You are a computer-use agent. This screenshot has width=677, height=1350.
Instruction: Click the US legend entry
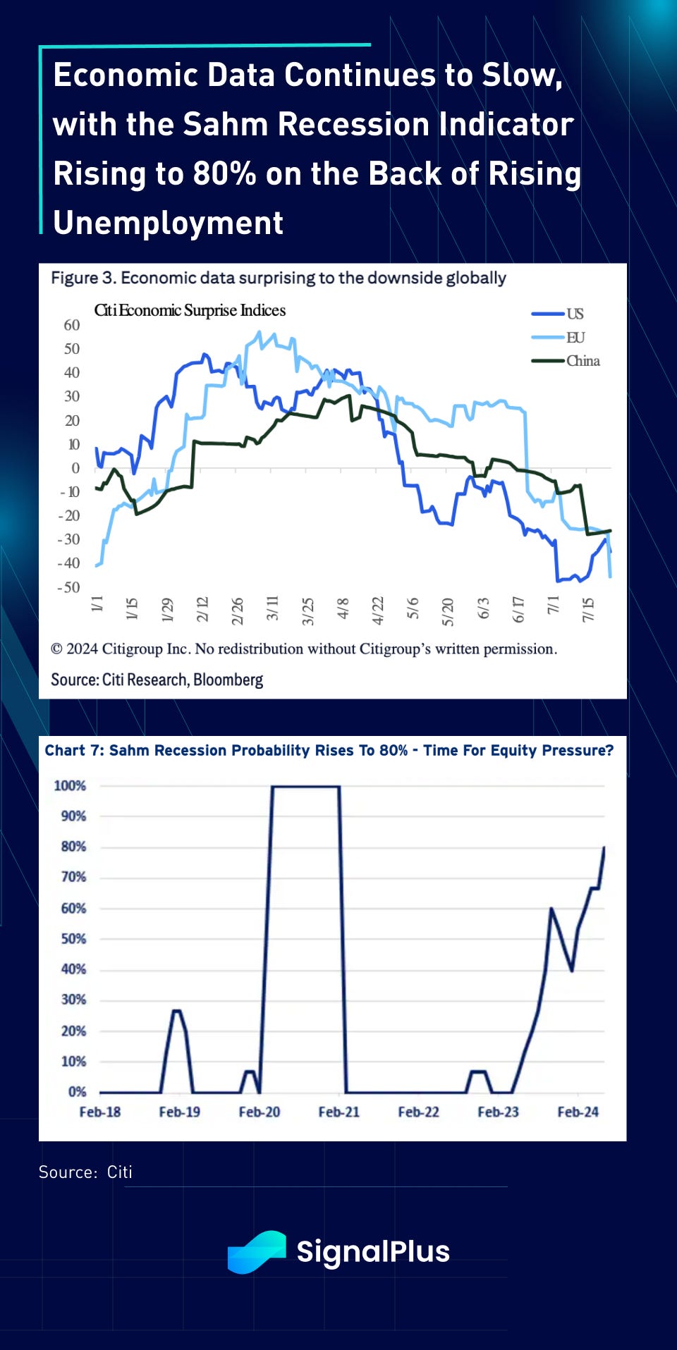pos(574,314)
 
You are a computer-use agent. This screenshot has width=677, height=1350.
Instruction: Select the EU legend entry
pos(575,338)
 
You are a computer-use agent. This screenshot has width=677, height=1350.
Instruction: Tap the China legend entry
pos(583,361)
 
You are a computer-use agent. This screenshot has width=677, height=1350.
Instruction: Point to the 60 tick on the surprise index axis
pos(72,325)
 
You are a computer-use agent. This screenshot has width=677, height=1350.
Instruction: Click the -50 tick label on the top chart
pos(69,587)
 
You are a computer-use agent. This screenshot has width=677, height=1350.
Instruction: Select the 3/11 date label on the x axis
pos(272,608)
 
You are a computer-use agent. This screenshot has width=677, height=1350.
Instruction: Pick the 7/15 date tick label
pos(588,609)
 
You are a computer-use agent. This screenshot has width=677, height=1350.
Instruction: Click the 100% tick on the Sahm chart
pos(70,785)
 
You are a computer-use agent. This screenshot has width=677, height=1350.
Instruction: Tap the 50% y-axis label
pos(73,938)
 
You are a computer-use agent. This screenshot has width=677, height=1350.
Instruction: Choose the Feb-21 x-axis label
pos(338,1112)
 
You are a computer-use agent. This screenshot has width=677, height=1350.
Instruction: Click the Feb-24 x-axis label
pos(578,1112)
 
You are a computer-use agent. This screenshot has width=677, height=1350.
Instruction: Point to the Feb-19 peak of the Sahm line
pos(177,1011)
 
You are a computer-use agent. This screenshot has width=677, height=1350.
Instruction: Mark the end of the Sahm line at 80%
pos(604,848)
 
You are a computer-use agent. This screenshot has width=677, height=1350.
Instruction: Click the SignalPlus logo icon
pos(257,1252)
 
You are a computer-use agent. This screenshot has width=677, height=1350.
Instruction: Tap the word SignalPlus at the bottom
pos(372,1252)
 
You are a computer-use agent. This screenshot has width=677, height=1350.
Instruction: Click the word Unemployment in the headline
pos(169,223)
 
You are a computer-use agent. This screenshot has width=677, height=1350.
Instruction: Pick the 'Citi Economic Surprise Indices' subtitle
pos(190,310)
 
